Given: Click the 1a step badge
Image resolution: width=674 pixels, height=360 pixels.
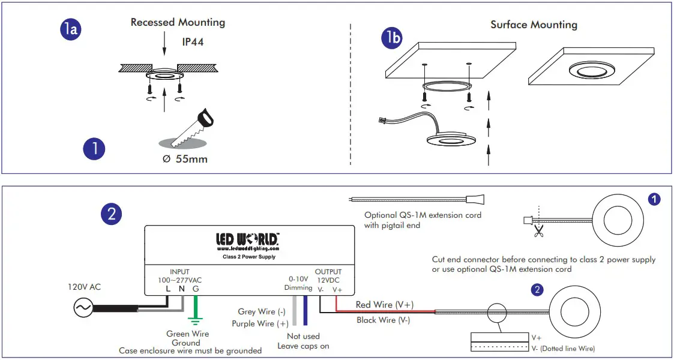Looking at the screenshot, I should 70,29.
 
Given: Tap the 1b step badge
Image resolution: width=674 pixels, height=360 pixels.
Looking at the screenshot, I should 393,38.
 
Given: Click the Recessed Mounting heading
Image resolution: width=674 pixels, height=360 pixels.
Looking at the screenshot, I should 178,23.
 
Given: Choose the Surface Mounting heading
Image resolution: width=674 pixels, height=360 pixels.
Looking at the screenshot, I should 534,25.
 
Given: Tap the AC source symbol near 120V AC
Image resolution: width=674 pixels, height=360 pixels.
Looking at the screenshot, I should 82,308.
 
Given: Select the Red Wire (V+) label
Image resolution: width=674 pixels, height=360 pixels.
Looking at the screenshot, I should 384,305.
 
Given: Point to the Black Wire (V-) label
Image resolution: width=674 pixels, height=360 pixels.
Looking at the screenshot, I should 383,320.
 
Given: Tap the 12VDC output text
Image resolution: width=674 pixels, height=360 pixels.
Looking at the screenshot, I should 328,280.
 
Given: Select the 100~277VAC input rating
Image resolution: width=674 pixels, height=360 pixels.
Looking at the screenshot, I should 179,280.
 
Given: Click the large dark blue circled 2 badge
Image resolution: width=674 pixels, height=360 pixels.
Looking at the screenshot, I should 111,214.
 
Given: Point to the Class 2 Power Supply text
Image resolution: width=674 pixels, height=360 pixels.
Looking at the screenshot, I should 247,257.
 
